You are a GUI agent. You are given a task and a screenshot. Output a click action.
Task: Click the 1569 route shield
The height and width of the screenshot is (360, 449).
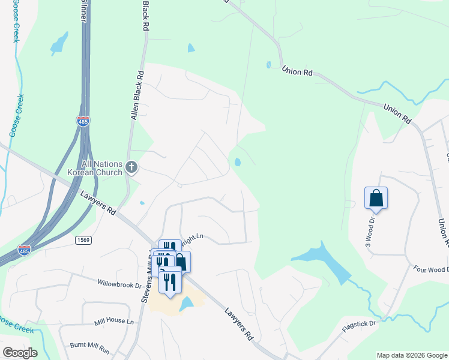point(83,240)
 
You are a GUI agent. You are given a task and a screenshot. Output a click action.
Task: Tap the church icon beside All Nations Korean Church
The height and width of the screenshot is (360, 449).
point(131,166)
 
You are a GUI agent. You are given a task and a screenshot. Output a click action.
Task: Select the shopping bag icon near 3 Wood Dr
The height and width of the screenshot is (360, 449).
point(376,197)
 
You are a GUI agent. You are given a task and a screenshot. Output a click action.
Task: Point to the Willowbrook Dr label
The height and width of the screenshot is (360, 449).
point(119,282)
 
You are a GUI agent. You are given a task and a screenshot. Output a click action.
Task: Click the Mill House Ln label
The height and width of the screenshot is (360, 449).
point(114,322)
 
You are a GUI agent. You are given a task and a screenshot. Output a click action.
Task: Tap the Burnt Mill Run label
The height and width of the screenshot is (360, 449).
point(88,347)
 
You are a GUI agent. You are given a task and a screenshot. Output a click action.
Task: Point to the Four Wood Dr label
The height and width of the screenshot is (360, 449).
point(429,269)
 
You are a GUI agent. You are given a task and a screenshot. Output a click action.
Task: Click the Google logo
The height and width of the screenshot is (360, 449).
point(20,353)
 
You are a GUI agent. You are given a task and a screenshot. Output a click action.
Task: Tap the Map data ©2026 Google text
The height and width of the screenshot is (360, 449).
point(411,355)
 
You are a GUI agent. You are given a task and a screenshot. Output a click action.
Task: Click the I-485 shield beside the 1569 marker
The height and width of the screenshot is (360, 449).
point(24,249)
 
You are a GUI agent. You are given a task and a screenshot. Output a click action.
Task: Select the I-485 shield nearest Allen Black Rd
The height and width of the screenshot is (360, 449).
point(83,121)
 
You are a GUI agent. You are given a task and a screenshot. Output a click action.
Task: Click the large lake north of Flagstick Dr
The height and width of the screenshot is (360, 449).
point(324,261)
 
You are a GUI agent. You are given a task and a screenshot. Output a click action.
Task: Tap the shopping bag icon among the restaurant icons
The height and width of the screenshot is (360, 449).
point(181,262)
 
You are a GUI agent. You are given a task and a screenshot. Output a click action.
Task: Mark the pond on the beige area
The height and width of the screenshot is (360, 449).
point(186,304)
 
